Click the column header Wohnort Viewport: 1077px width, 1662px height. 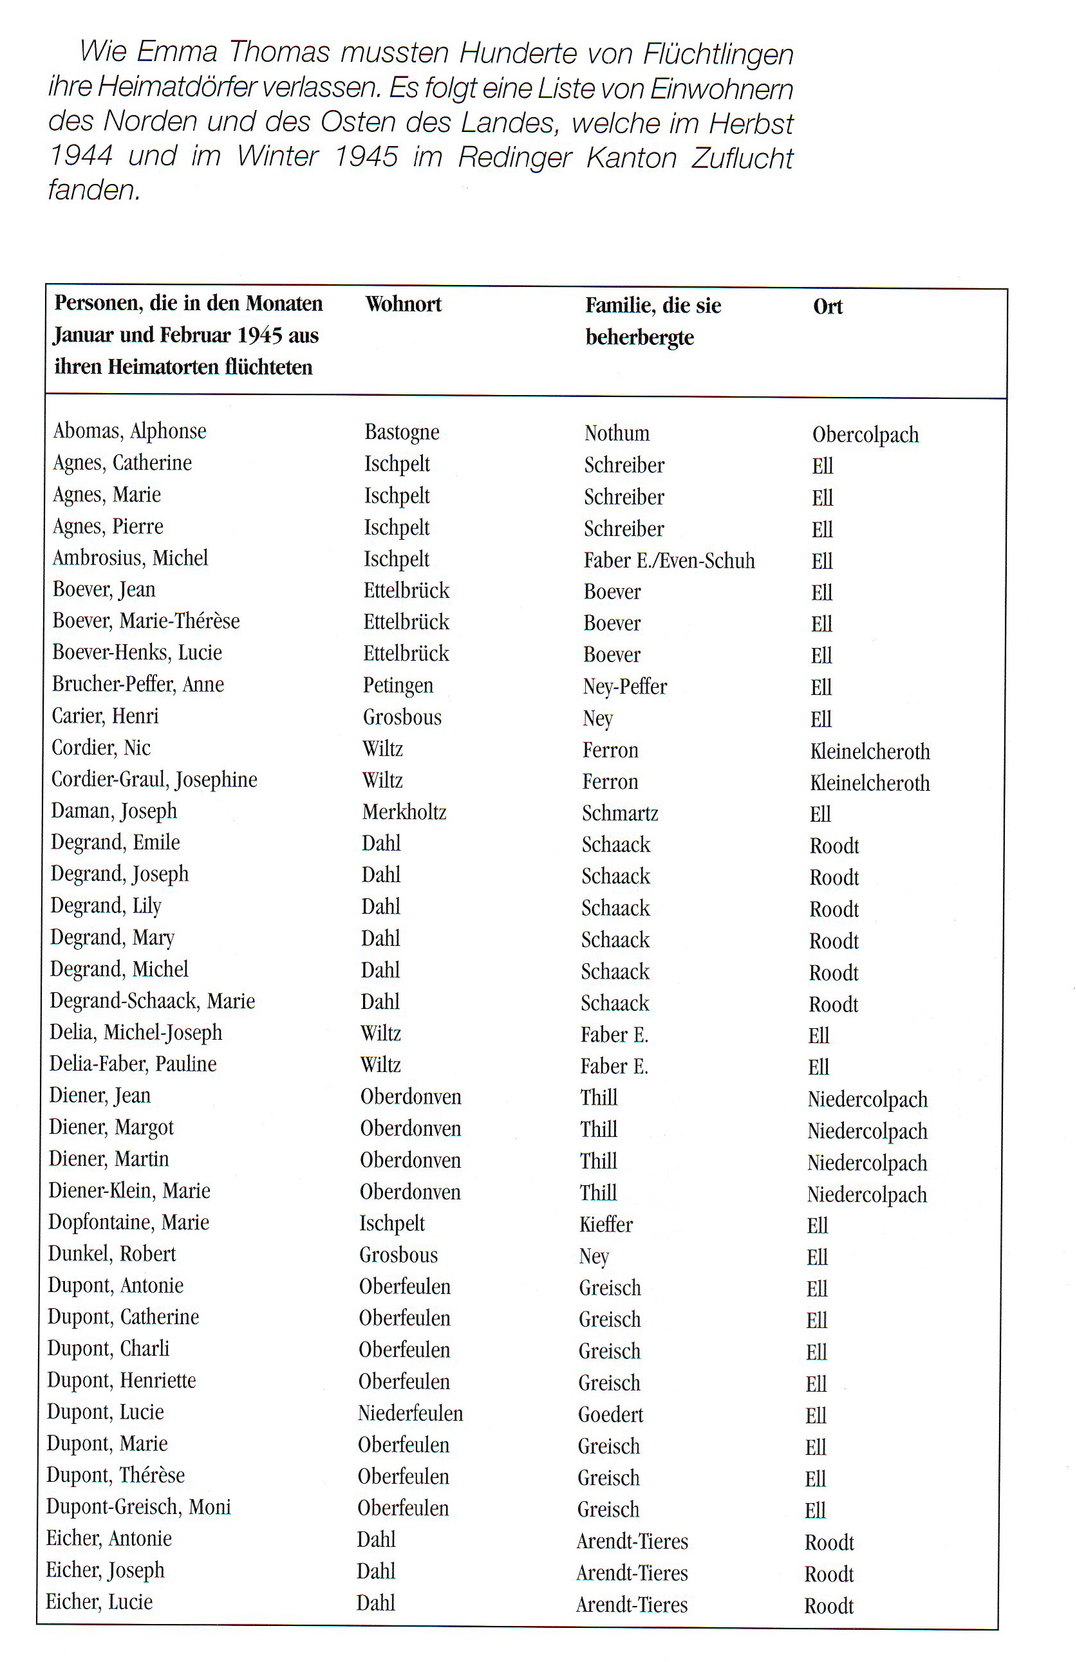[x=403, y=304]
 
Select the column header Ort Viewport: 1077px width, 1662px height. [x=828, y=308]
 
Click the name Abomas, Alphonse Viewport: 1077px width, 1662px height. [x=130, y=431]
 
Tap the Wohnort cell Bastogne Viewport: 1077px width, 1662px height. [x=402, y=432]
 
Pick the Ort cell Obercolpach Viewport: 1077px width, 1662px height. [x=865, y=435]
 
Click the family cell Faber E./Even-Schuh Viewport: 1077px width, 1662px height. [x=669, y=560]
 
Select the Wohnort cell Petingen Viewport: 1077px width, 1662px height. [x=397, y=685]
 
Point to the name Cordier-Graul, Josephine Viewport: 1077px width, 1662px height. [x=155, y=779]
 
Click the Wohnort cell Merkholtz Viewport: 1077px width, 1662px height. [x=404, y=811]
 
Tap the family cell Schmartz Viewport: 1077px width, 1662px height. [x=620, y=813]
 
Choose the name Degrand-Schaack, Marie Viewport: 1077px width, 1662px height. [x=153, y=1001]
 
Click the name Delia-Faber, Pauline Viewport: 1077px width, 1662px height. [x=133, y=1064]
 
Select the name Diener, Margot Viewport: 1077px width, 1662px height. [x=111, y=1127]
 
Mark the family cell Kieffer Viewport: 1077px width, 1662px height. [x=606, y=1224]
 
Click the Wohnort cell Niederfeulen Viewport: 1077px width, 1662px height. [x=410, y=1414]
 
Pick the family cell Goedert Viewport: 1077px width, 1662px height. [x=610, y=1415]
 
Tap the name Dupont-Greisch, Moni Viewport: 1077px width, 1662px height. [x=138, y=1507]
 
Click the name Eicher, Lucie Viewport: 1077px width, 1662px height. [x=99, y=1602]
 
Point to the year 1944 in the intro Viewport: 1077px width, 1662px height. [x=80, y=156]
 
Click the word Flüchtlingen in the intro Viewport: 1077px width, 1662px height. [x=718, y=54]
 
